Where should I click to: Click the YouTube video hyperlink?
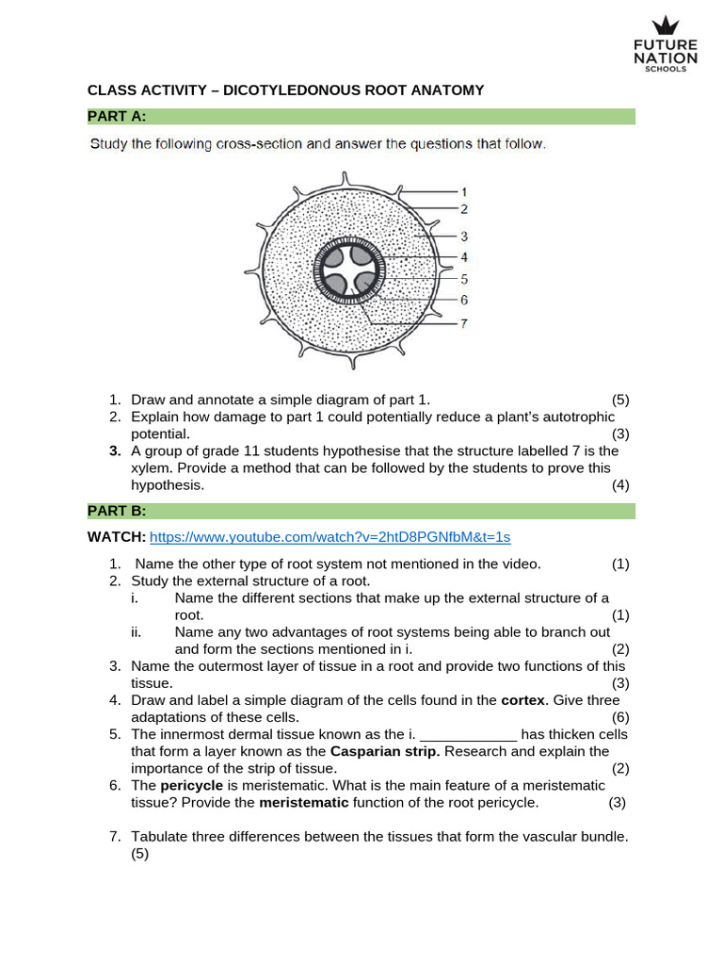[x=329, y=537]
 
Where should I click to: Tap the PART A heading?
[x=117, y=116]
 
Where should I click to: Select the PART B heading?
[x=117, y=511]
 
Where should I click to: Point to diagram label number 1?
[x=464, y=191]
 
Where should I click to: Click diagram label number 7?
[x=464, y=323]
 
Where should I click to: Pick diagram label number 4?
[x=464, y=256]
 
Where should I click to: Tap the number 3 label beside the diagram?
[x=464, y=236]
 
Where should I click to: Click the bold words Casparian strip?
[x=377, y=751]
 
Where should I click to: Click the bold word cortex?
[x=522, y=700]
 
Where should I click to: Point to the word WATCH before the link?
[x=116, y=537]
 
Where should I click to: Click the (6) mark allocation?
[x=619, y=717]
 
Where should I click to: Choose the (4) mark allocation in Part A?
[x=619, y=484]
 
